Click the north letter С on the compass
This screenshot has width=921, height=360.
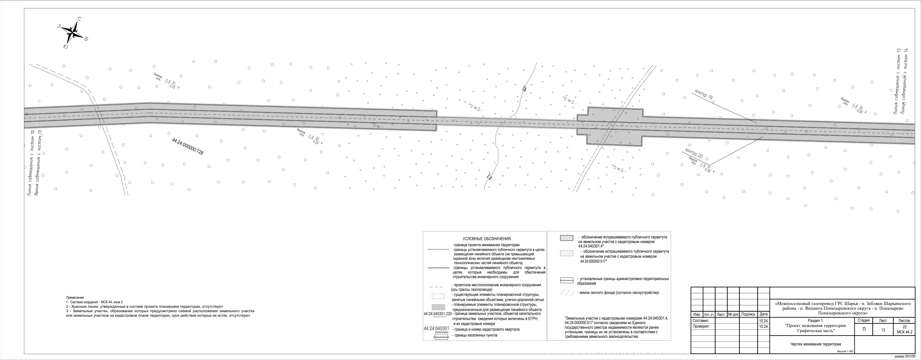(x=79, y=19)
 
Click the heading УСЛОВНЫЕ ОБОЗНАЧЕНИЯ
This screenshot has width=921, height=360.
(x=487, y=238)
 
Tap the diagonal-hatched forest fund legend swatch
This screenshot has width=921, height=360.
(x=567, y=292)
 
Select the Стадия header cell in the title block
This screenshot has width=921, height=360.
(x=863, y=320)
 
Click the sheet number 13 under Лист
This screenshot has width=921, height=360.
(x=883, y=330)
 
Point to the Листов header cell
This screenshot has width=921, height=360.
(x=904, y=320)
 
